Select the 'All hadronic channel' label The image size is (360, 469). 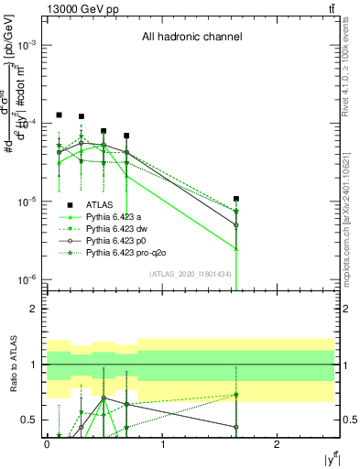[x=191, y=38]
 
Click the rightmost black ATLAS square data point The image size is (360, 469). [x=236, y=199]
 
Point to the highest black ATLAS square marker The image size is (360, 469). [x=59, y=115]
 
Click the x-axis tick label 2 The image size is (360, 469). [x=278, y=443]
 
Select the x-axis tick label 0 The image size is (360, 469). [x=47, y=443]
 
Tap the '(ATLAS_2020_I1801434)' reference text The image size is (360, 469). [x=189, y=275]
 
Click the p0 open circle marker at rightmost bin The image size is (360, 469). [x=236, y=224]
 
